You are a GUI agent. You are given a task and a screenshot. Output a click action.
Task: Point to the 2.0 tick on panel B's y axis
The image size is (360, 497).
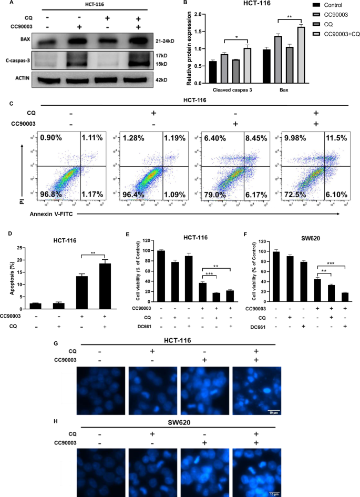coord(196,14)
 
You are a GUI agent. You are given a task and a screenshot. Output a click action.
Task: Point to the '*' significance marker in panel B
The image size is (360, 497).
coord(238,37)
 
